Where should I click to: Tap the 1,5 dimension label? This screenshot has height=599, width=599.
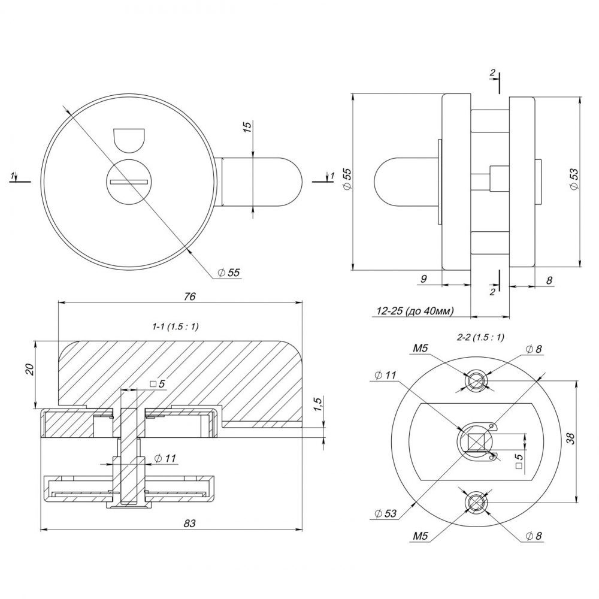(317, 406)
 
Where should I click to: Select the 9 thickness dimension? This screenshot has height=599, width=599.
(423, 278)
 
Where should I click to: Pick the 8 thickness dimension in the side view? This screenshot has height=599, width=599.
(549, 279)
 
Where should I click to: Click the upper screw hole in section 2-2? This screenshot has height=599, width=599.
(477, 380)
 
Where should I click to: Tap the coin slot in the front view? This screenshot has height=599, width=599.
(129, 180)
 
